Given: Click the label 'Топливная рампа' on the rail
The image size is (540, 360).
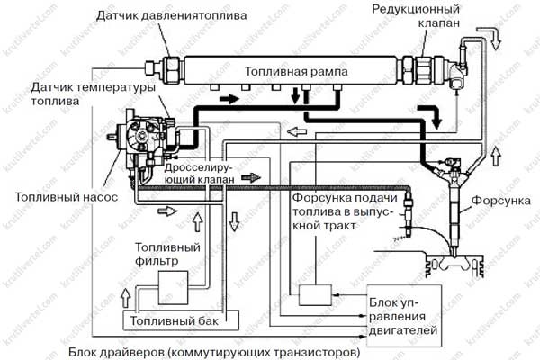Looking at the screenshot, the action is [x=296, y=72].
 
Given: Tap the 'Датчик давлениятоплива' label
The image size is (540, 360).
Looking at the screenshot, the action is [x=171, y=15].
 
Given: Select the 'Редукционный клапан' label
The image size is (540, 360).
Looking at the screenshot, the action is [x=416, y=15].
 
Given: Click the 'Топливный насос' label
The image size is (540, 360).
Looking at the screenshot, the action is [x=66, y=197].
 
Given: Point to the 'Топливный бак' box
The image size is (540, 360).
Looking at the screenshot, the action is [x=181, y=320].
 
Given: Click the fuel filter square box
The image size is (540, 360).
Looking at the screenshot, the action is [x=173, y=288].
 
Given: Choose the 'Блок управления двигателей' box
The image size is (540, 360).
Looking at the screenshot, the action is [x=404, y=316].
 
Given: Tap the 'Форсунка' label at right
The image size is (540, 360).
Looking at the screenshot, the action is [x=500, y=201].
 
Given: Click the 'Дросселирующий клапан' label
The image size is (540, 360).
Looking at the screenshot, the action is [x=199, y=174].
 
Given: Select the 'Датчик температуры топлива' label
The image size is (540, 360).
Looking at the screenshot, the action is [x=93, y=94].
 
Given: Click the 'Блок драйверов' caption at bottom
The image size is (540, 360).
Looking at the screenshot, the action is [x=214, y=353].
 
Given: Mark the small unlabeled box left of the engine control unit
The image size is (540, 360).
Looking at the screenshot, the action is [x=315, y=295].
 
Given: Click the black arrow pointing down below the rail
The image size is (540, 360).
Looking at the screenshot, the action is [x=295, y=95].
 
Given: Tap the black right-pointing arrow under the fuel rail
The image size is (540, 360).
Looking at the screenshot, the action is [x=229, y=99].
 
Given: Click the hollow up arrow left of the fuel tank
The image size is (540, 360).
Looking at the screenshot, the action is [x=126, y=298].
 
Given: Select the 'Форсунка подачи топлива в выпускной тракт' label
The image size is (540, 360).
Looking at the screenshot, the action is [x=345, y=211].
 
